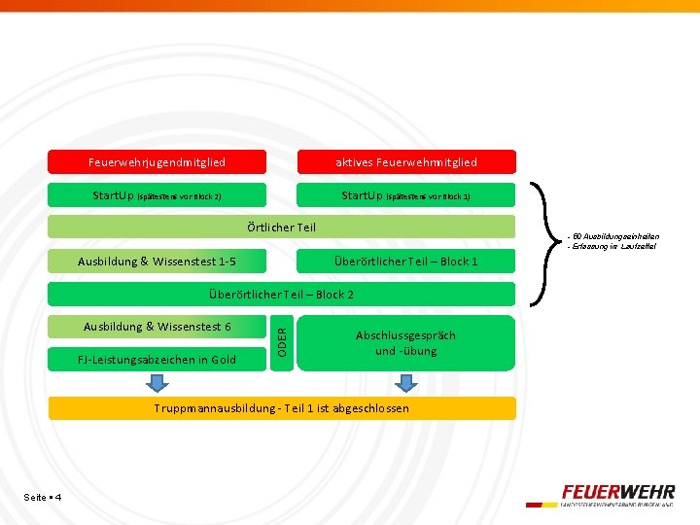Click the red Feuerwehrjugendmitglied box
157,161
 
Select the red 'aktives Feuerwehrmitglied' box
405,161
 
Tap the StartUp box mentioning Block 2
157,195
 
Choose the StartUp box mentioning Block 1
405,195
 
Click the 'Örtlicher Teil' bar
281,227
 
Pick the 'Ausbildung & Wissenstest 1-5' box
157,261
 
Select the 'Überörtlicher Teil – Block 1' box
405,261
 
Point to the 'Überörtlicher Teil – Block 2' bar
281,294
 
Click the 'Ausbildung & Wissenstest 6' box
157,327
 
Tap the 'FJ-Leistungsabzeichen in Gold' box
157,360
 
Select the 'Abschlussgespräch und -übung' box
405,342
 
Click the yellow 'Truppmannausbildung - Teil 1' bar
281,408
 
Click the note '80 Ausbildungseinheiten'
612,236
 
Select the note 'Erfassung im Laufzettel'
612,246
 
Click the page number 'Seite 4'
43,498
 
